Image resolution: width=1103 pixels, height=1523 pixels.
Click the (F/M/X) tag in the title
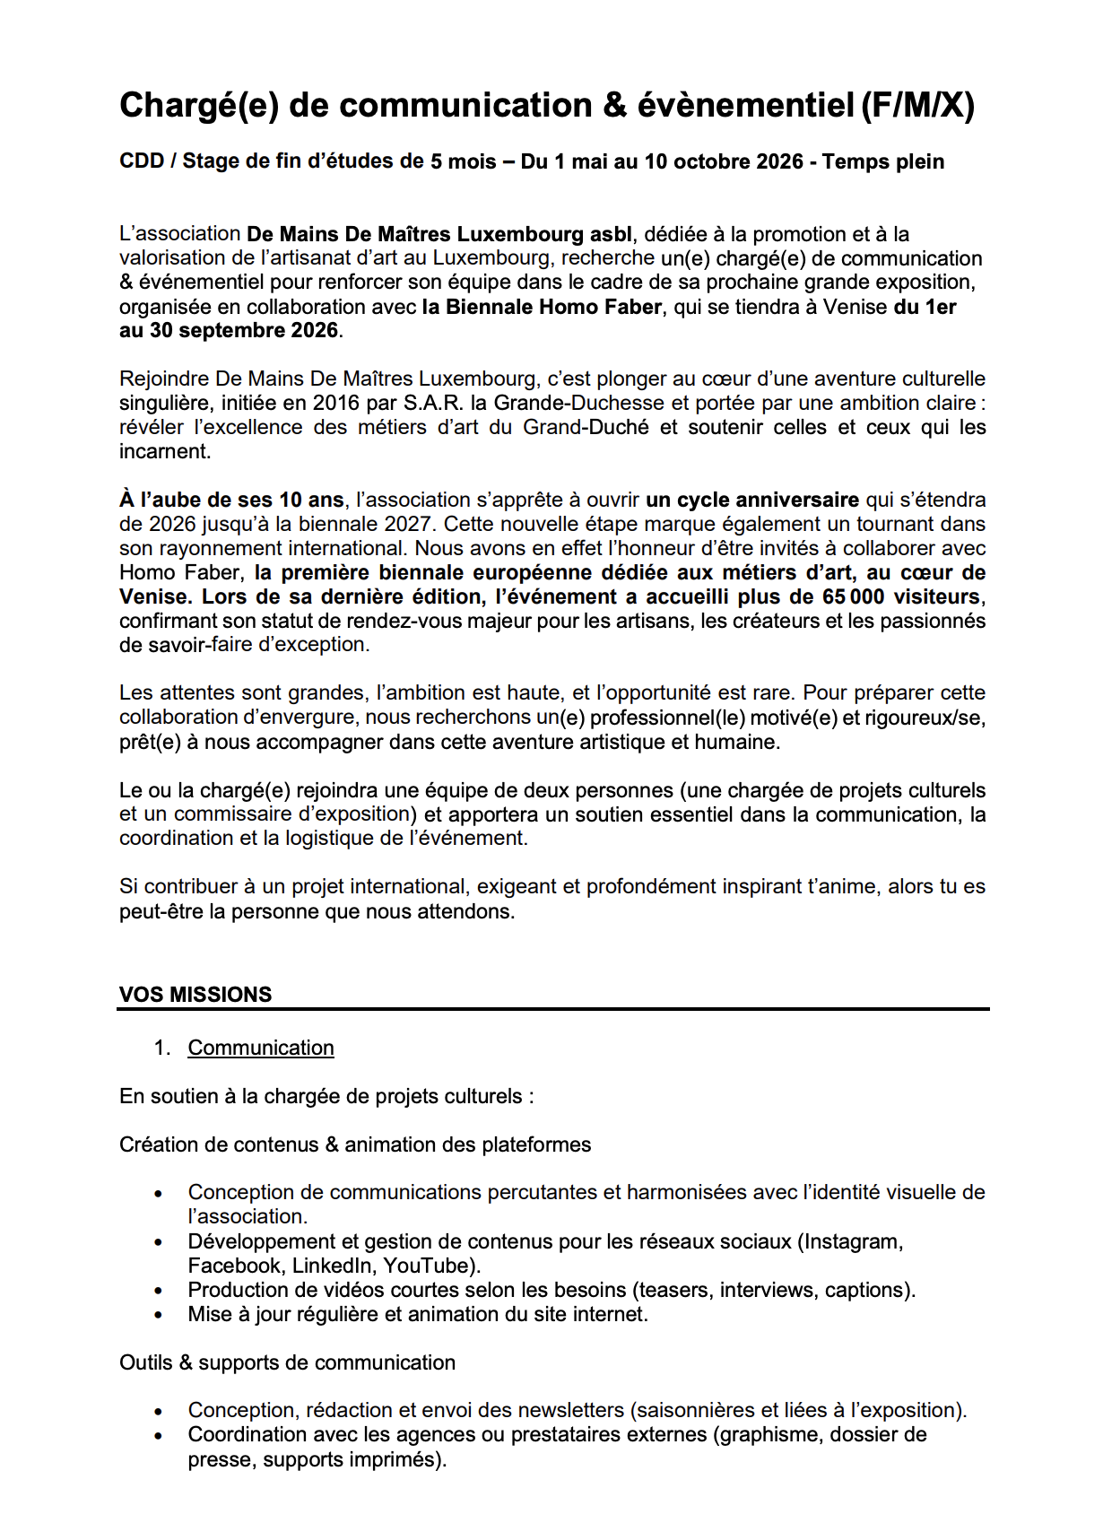click(916, 106)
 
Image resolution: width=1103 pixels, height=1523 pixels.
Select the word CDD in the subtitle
click(142, 161)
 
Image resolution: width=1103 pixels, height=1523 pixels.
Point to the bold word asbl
click(611, 235)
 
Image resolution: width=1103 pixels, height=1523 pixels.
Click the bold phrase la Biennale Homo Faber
click(542, 307)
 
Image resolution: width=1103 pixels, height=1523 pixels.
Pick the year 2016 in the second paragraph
click(336, 404)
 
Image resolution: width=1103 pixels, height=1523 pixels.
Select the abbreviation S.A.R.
click(433, 404)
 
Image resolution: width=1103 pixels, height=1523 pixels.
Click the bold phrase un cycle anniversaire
click(751, 500)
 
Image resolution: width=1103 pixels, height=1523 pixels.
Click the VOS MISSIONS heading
click(195, 995)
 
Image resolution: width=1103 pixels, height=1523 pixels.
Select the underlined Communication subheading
click(261, 1048)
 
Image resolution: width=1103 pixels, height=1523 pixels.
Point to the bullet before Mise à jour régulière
click(159, 1316)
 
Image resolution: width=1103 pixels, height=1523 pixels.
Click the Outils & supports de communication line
click(287, 1363)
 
